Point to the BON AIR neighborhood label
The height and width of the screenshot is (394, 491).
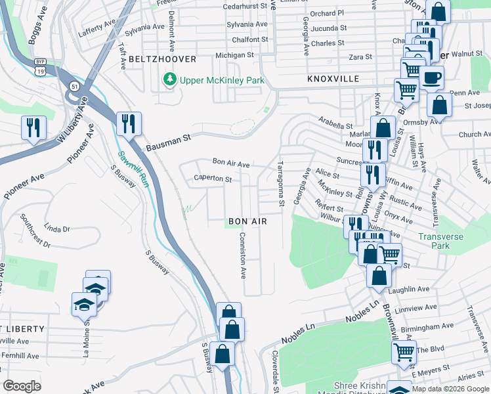[247, 222]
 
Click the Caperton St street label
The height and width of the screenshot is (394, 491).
[213, 179]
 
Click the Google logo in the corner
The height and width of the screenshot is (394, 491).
[22, 386]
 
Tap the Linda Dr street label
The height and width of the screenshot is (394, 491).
[57, 229]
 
